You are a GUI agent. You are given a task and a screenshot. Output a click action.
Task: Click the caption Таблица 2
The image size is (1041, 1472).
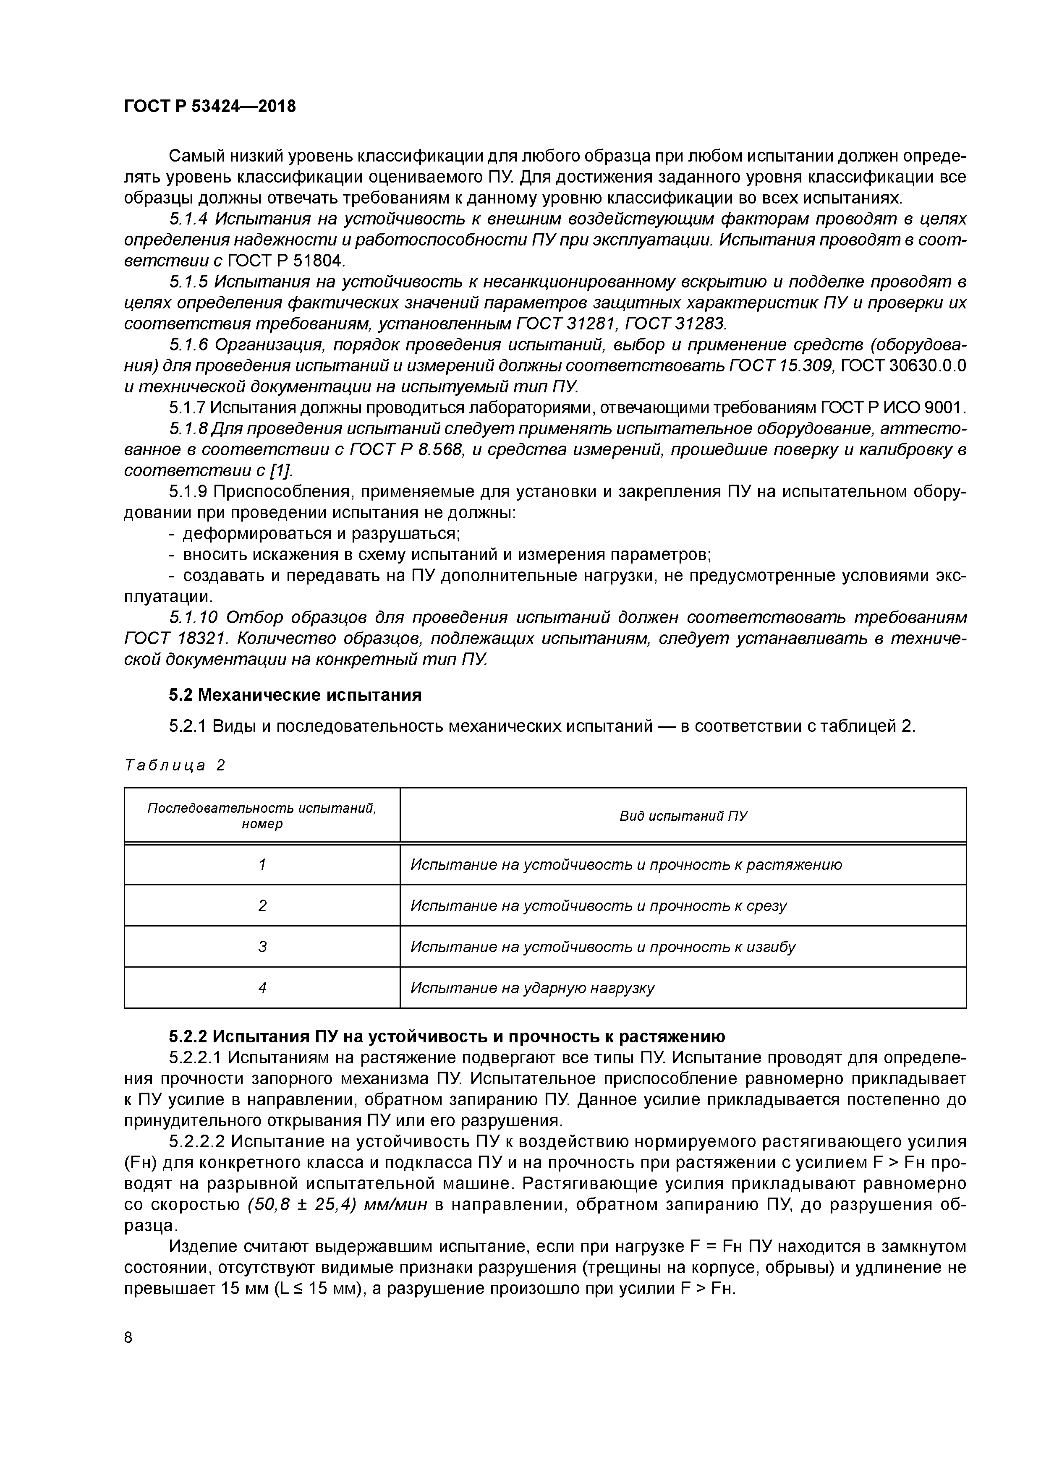pyautogui.click(x=175, y=765)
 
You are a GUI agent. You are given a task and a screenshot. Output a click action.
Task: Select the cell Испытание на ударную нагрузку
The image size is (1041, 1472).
pyautogui.click(x=532, y=987)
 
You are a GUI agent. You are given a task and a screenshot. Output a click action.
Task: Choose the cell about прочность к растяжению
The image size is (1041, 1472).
pyautogui.click(x=626, y=864)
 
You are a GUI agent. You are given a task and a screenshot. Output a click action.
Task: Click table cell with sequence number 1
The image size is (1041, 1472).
pyautogui.click(x=262, y=864)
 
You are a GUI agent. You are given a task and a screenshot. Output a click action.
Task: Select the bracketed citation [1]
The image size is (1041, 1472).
pyautogui.click(x=280, y=470)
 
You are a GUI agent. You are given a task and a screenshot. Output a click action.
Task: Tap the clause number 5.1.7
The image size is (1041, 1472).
pyautogui.click(x=187, y=408)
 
